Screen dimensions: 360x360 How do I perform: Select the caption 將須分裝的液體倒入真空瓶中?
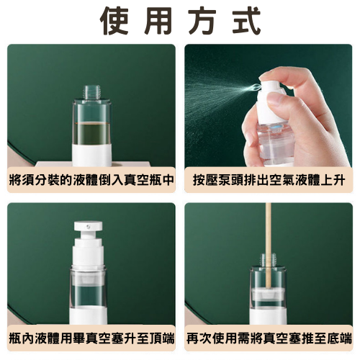[x=91, y=179]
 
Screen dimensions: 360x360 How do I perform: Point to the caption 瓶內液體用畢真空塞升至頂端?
[x=91, y=337]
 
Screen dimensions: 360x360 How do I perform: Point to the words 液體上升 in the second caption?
[x=320, y=179]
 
